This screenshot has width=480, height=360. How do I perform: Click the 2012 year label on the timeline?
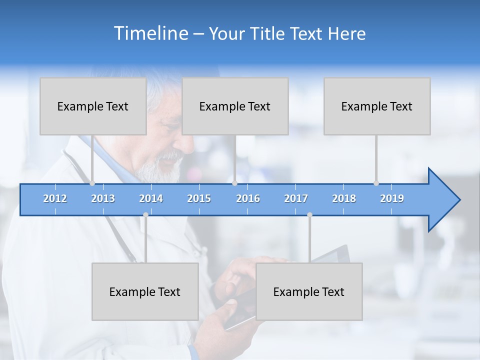(x=55, y=198)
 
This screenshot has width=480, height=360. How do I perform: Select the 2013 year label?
(x=103, y=198)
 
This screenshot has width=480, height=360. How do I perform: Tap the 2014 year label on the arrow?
(x=151, y=198)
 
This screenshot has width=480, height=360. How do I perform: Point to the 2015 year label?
(x=199, y=198)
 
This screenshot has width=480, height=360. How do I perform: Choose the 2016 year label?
(x=248, y=198)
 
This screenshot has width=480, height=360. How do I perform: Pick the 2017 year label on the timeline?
(x=296, y=198)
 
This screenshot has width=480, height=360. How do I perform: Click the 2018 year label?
(x=344, y=198)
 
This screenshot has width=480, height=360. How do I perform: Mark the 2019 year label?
(x=392, y=198)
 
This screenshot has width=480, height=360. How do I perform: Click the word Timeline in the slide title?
(x=150, y=33)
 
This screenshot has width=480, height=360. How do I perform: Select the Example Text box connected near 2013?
(x=93, y=106)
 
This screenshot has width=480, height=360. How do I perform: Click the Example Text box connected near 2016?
(x=235, y=106)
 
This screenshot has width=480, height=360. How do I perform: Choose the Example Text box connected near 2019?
(x=377, y=106)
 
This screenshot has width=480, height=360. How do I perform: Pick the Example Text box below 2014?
(x=145, y=291)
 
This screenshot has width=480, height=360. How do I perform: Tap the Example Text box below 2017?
(x=309, y=291)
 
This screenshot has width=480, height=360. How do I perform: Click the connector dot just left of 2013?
(x=92, y=183)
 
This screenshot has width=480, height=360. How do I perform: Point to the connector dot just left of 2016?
(x=234, y=183)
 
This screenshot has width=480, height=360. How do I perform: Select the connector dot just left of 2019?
(x=376, y=183)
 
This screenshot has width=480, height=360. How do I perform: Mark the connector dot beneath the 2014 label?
(x=145, y=214)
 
